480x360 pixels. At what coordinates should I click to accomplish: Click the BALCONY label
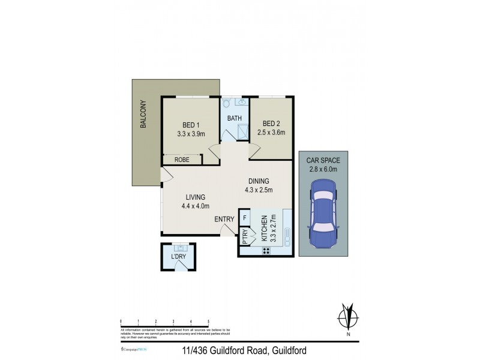143,114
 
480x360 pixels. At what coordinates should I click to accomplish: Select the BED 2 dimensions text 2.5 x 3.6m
271,134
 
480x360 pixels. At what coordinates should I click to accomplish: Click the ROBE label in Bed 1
181,160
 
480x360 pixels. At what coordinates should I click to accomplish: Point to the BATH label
234,118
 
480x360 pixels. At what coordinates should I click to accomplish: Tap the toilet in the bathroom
226,104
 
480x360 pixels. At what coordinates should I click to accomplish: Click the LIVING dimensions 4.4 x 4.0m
196,206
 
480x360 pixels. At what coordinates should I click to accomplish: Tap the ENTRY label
224,220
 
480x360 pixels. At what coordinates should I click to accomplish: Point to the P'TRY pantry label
245,236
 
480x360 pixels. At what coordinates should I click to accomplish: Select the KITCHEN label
264,227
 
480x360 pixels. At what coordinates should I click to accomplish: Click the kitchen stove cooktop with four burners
265,250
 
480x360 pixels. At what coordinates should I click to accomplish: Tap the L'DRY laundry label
178,257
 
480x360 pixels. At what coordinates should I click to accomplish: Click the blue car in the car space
323,217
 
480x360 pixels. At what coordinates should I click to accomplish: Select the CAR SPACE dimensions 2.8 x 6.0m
323,169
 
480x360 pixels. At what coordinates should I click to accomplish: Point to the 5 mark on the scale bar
208,322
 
